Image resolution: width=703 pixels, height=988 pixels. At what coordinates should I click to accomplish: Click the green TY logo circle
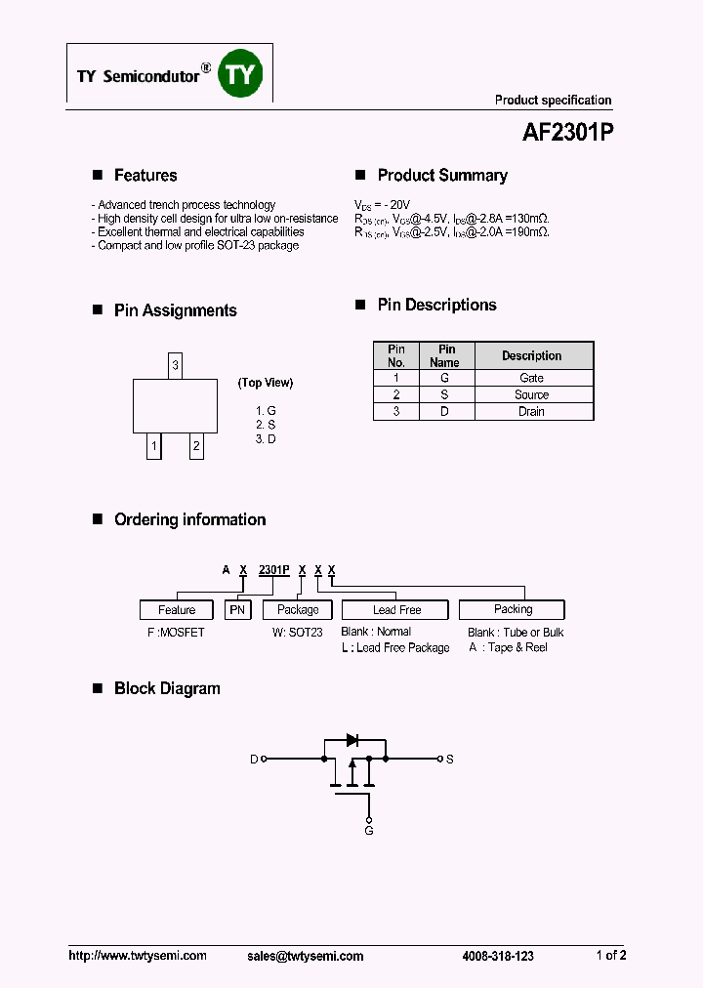(240, 73)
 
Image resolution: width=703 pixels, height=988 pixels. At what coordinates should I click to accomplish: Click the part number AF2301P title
(560, 132)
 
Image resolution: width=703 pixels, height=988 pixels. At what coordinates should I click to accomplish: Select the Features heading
(145, 176)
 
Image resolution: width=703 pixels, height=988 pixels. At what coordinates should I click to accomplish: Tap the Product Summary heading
(442, 176)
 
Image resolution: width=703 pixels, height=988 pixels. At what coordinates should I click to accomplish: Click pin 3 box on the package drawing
(175, 366)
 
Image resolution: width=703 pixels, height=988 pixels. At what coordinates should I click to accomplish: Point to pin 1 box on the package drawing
(154, 447)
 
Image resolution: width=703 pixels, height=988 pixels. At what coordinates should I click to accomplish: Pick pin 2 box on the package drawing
(196, 447)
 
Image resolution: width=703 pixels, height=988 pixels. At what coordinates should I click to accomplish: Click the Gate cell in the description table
(531, 378)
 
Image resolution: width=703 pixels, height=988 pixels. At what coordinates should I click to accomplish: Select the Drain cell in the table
(531, 412)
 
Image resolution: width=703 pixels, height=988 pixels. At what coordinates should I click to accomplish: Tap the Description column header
(531, 355)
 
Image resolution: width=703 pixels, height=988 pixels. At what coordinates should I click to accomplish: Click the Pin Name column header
(446, 355)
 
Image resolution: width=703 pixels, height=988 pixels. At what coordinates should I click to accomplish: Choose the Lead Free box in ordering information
(396, 610)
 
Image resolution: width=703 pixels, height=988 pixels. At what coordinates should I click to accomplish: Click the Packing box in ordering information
(513, 609)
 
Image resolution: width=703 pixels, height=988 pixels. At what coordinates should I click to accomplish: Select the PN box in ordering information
(238, 610)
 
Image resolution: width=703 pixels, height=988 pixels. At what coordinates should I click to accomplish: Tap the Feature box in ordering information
(177, 610)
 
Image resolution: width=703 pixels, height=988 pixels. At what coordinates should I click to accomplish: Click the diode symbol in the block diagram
(352, 740)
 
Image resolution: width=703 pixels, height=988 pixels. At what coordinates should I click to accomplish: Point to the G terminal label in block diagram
(369, 830)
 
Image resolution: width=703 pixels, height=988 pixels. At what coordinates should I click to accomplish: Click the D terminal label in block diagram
(254, 759)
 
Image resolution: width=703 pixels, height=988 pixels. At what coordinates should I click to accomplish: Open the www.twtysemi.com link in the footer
(138, 956)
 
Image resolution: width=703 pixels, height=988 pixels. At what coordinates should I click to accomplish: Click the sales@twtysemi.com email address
(306, 956)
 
